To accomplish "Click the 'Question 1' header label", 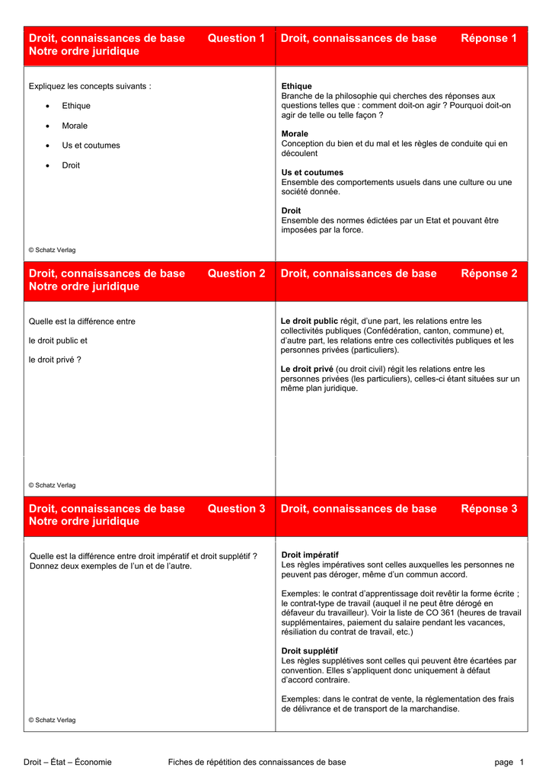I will [x=236, y=38].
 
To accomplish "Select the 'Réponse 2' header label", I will [x=489, y=273].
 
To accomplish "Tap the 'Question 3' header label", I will [x=236, y=509].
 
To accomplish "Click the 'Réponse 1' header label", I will [x=489, y=38].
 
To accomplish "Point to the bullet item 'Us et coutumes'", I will [x=91, y=145].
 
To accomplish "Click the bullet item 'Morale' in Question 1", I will [x=75, y=126].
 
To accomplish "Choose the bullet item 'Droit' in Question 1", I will [x=71, y=165].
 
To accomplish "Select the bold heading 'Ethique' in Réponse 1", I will [x=297, y=86].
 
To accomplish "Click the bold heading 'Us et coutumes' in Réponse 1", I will [x=312, y=172].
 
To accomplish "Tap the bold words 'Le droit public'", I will [x=309, y=321].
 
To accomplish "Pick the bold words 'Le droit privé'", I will [x=308, y=369].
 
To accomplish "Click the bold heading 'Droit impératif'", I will [x=310, y=555].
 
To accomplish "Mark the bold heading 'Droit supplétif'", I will [x=310, y=651].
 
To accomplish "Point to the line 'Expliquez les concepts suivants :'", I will [x=90, y=86].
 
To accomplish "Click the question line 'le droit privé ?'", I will [x=55, y=360].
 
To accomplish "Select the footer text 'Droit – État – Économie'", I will [x=68, y=762].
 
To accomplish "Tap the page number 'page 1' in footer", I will [x=509, y=762].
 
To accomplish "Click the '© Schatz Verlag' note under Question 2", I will [x=52, y=485].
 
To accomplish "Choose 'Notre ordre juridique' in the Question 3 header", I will [x=84, y=522].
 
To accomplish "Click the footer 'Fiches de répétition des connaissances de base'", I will [x=257, y=762].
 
